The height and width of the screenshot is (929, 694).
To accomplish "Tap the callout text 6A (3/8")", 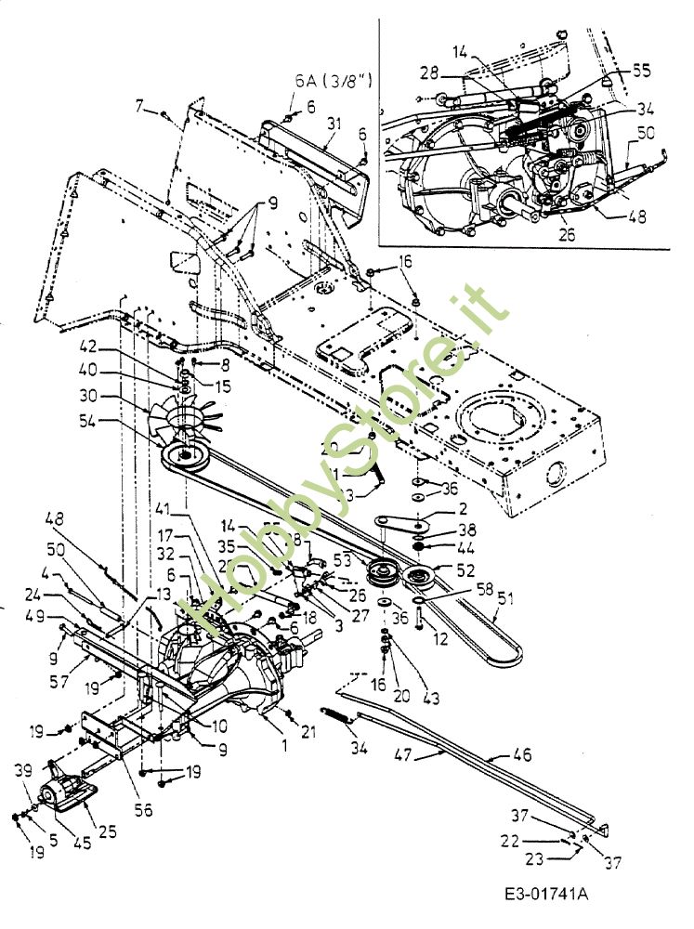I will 334,82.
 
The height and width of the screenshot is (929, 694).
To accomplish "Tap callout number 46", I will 523,756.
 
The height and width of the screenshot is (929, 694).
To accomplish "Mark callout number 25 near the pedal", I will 107,831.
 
